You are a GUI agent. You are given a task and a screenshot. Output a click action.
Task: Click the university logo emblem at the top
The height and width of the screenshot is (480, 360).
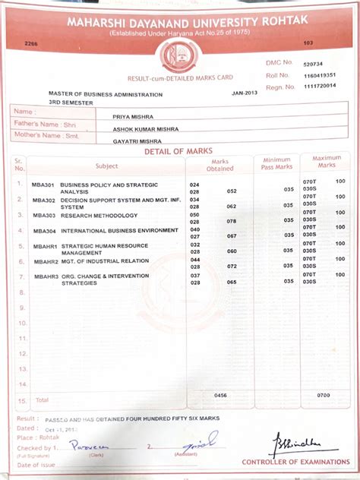point(181,55)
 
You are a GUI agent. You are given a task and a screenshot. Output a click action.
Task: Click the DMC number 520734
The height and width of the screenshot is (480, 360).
point(313,65)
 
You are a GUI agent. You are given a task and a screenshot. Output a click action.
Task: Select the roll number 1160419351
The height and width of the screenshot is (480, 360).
point(319,75)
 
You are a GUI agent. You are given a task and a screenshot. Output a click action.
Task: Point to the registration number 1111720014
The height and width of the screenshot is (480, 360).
point(319,86)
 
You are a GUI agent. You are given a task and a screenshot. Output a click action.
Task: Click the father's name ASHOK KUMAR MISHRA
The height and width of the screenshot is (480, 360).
point(140,129)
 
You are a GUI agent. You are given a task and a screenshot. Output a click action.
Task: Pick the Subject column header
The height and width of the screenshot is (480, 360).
point(106,166)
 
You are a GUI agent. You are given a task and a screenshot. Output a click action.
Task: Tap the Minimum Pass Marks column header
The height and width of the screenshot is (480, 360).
point(277,164)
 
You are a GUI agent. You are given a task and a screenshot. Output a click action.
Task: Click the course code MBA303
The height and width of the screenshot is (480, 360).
point(43,216)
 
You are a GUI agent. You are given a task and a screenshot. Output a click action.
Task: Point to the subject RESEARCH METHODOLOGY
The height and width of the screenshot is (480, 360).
point(99,216)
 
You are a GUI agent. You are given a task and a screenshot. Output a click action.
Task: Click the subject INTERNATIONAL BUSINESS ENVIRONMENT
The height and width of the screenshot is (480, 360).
point(119,231)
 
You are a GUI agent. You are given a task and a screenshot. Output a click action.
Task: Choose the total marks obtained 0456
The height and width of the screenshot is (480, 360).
point(220,396)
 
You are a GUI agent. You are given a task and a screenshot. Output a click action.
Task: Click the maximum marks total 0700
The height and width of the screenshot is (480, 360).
point(324,396)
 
